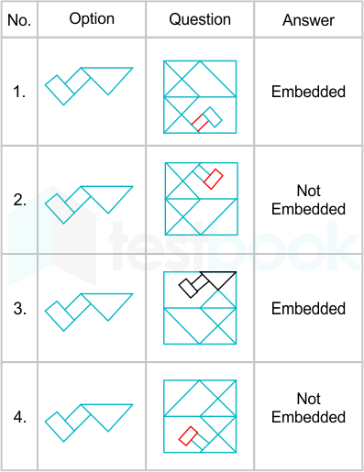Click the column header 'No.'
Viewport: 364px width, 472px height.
(x=19, y=20)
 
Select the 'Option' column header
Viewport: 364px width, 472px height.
(x=92, y=19)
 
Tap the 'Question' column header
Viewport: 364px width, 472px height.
(x=200, y=19)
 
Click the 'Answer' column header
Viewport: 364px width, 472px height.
(x=308, y=20)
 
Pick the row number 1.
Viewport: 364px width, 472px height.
(x=19, y=92)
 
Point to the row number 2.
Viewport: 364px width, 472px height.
(x=19, y=200)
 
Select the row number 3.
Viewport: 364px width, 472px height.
(x=19, y=308)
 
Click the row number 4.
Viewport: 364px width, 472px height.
(x=19, y=417)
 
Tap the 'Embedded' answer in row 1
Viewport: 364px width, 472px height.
(x=308, y=92)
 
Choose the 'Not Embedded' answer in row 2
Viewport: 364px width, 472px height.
(x=308, y=200)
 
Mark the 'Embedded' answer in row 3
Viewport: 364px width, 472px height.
(x=308, y=308)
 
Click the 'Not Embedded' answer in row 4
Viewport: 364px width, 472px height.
(x=308, y=408)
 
